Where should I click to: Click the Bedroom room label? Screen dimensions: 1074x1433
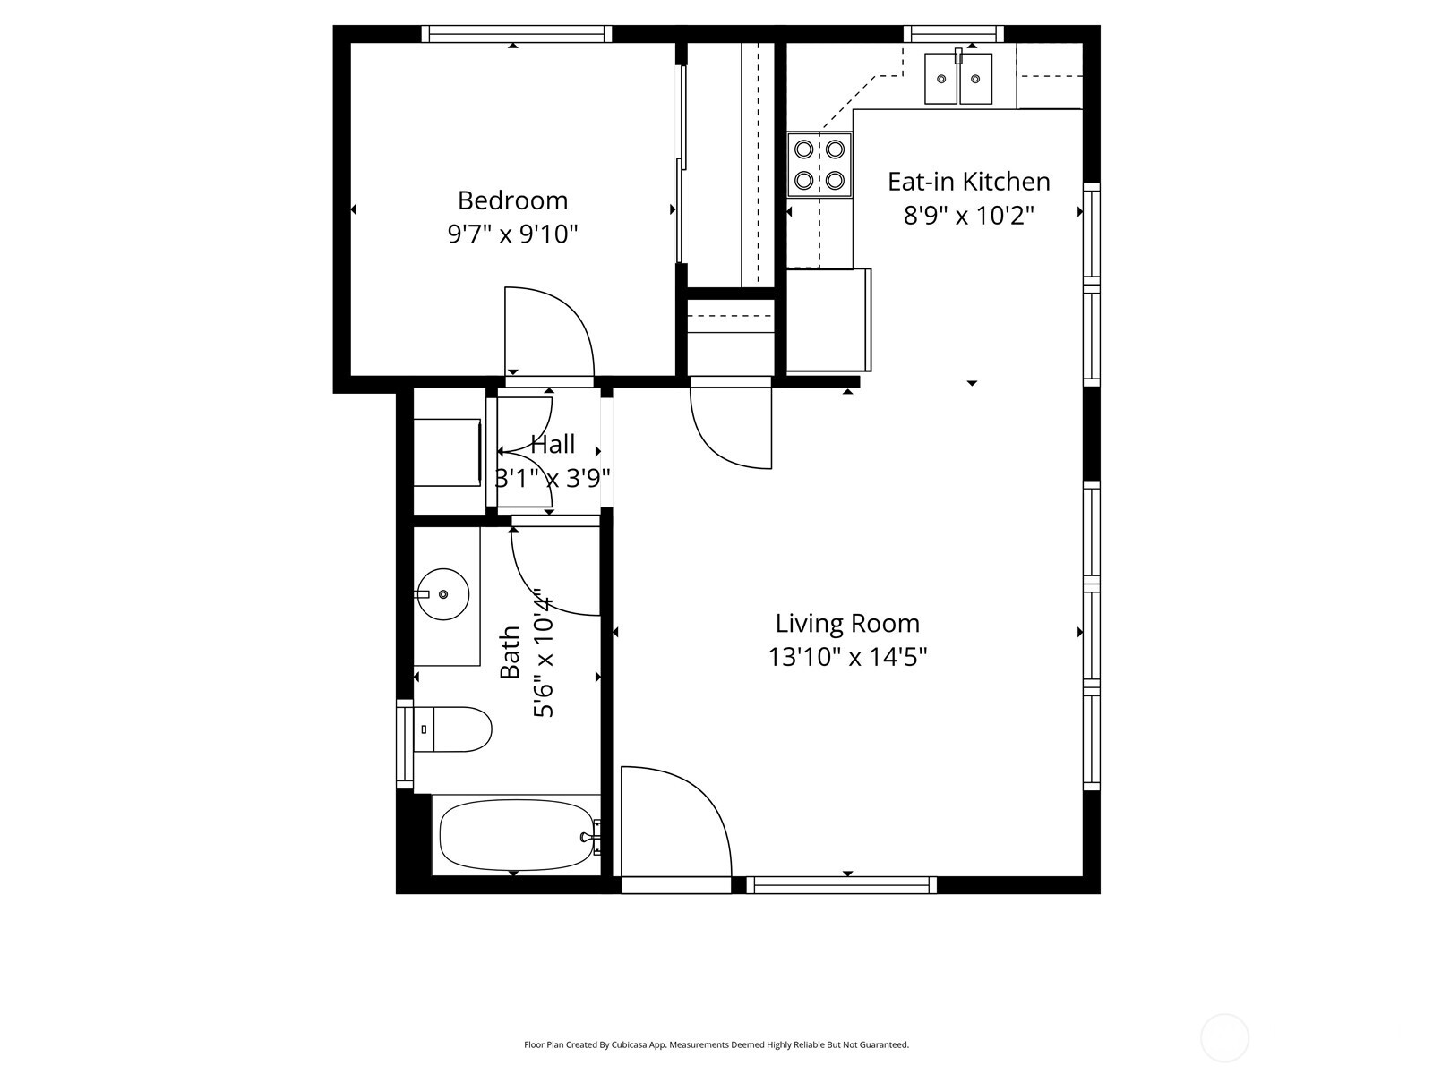(x=512, y=200)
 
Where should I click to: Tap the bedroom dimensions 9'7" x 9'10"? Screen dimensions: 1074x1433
(x=512, y=234)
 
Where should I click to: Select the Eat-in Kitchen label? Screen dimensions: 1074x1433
(x=968, y=182)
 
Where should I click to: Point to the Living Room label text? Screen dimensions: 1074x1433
(x=847, y=623)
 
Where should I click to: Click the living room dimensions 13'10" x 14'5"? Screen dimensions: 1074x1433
(x=847, y=658)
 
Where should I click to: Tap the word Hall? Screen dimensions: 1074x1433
(x=553, y=444)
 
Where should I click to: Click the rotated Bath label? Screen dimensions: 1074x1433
(x=510, y=652)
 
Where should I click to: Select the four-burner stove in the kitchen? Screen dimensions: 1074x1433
(x=819, y=165)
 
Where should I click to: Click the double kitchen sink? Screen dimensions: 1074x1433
(x=958, y=79)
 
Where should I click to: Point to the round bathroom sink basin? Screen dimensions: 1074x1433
(x=443, y=594)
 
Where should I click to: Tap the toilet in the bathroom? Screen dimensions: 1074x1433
(x=455, y=729)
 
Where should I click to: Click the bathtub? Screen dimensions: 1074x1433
(x=516, y=834)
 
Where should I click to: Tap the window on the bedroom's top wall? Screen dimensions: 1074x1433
(x=517, y=34)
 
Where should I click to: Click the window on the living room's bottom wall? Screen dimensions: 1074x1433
(x=842, y=885)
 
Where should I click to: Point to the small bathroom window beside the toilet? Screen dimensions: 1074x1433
(x=405, y=744)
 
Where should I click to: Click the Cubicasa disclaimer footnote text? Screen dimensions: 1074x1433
(x=716, y=1044)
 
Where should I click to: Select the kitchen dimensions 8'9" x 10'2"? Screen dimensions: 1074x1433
(x=968, y=216)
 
